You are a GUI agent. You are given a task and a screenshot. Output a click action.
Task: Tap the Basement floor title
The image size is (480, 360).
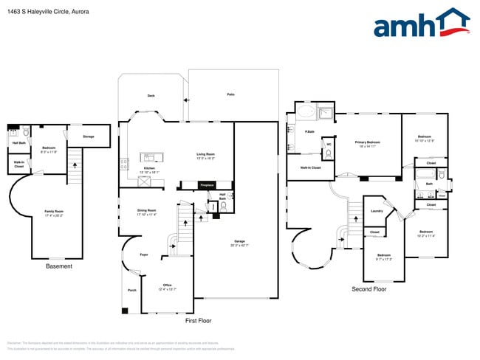click(x=59, y=266)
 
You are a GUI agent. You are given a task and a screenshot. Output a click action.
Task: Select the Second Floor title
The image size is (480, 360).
click(x=369, y=289)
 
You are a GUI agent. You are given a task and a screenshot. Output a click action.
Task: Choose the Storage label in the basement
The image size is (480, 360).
click(x=89, y=136)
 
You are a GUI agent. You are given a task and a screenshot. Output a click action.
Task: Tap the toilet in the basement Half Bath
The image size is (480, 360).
click(x=25, y=134)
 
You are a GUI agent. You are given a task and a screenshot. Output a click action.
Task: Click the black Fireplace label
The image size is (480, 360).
click(x=209, y=185)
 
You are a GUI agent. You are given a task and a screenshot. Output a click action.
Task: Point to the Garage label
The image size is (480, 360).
click(x=239, y=242)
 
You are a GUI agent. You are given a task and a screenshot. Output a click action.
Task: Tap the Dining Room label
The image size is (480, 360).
click(x=147, y=212)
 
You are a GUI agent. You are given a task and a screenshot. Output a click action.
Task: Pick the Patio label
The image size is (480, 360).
click(x=231, y=94)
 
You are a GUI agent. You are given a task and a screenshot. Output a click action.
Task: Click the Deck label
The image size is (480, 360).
click(x=151, y=95)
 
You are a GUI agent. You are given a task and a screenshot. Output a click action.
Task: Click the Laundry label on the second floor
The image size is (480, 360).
click(x=376, y=211)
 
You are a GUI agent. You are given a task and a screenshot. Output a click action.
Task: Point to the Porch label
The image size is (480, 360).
click(x=132, y=291)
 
